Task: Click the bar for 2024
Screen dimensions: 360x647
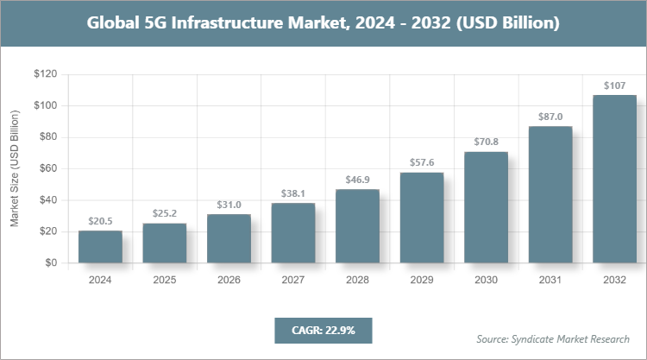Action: point(100,247)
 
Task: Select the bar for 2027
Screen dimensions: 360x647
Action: point(293,233)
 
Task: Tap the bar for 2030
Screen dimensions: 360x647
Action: point(487,207)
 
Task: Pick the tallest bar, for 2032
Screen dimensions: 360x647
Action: point(614,179)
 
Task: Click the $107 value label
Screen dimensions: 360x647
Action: point(614,85)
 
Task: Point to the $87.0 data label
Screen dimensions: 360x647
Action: point(550,117)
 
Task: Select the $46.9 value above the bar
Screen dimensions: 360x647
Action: point(357,180)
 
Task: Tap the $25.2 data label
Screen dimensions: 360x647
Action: point(164,213)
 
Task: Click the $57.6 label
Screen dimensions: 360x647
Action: point(422,162)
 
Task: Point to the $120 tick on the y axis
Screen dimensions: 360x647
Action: point(45,74)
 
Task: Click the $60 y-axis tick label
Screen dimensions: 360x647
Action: point(47,168)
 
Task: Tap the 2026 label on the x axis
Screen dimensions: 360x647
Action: point(229,280)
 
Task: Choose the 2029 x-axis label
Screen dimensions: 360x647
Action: point(422,280)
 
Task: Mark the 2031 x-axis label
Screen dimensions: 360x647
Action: point(550,280)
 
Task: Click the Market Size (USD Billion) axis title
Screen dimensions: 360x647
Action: point(15,168)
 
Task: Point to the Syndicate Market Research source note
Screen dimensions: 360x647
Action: point(553,338)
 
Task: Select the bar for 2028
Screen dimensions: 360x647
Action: point(357,226)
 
